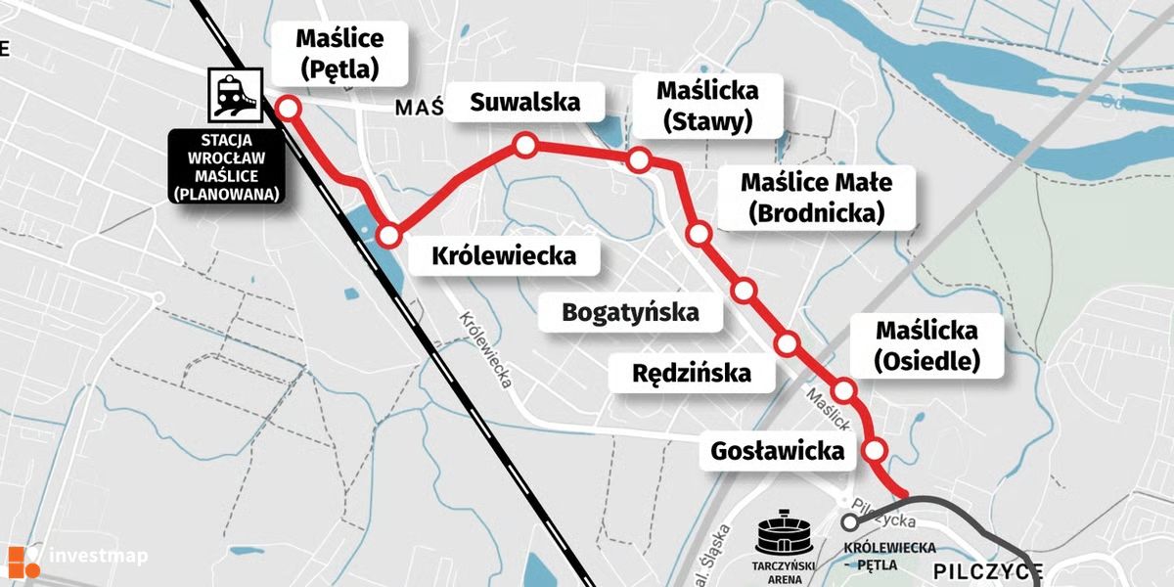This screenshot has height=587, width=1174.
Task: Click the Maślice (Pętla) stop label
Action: click(339, 54)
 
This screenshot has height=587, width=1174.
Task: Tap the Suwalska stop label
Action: click(524, 101)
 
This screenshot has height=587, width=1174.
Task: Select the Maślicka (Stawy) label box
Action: click(706, 106)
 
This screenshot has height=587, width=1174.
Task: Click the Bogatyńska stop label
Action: click(630, 313)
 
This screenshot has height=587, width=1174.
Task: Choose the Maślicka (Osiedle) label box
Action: click(926, 345)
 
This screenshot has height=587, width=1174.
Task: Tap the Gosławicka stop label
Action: click(777, 452)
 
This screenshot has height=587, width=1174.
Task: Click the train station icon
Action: click(233, 94)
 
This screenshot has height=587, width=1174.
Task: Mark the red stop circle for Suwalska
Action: click(525, 147)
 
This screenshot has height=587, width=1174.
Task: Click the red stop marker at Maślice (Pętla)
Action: click(289, 108)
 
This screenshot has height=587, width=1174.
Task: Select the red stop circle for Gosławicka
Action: click(876, 451)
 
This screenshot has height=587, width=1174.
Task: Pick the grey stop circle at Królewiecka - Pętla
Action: click(849, 523)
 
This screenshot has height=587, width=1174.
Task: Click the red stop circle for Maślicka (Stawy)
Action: click(640, 159)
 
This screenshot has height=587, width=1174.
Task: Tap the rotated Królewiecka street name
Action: click(485, 350)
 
